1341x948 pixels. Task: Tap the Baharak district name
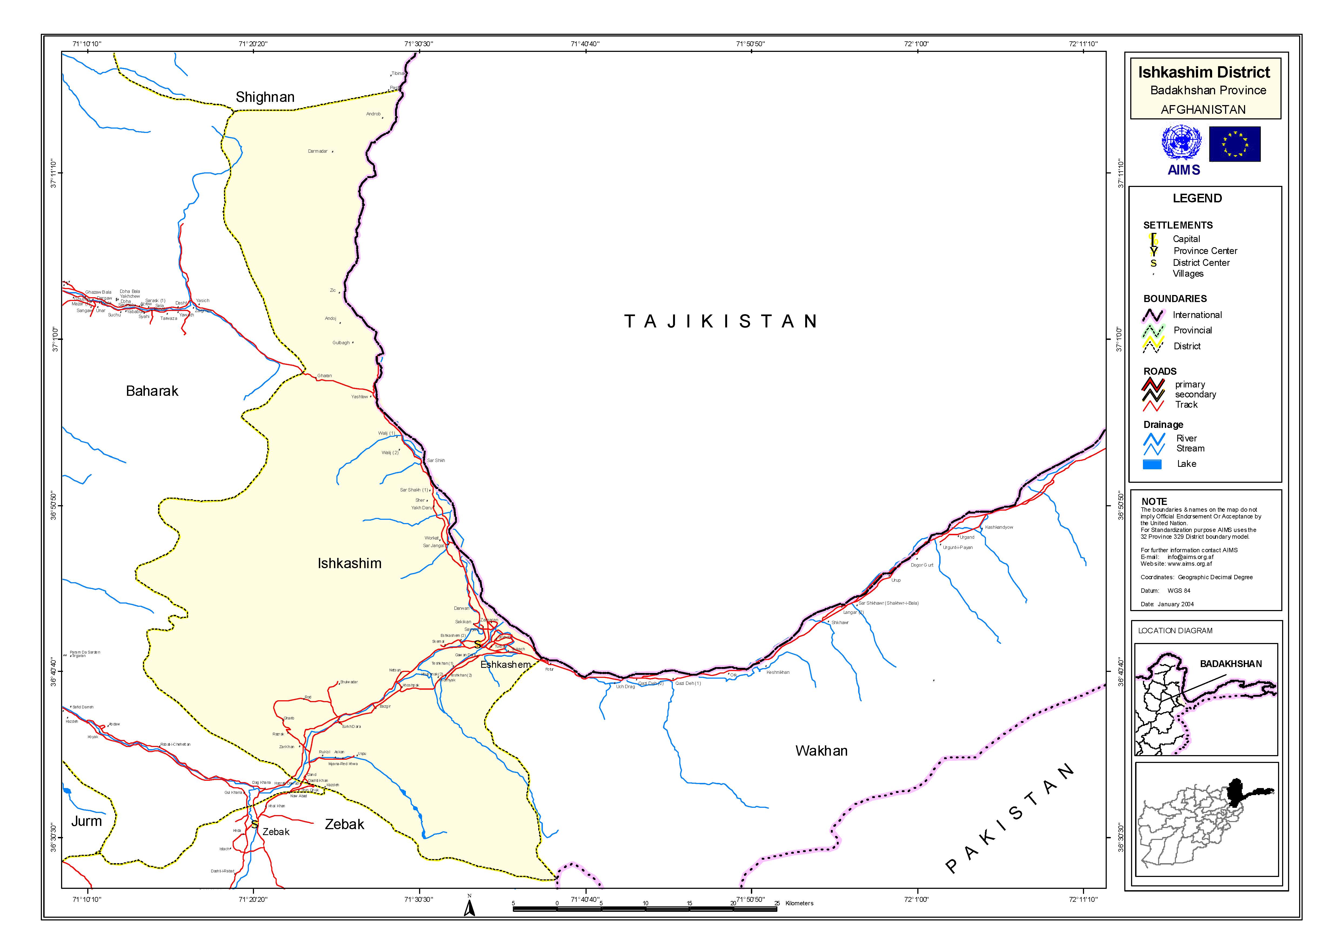click(x=152, y=391)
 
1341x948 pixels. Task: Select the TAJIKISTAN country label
click(x=720, y=321)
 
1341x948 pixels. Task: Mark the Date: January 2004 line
click(x=1167, y=604)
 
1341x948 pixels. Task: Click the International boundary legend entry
click(x=1197, y=315)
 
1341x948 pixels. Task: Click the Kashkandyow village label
click(x=999, y=527)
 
